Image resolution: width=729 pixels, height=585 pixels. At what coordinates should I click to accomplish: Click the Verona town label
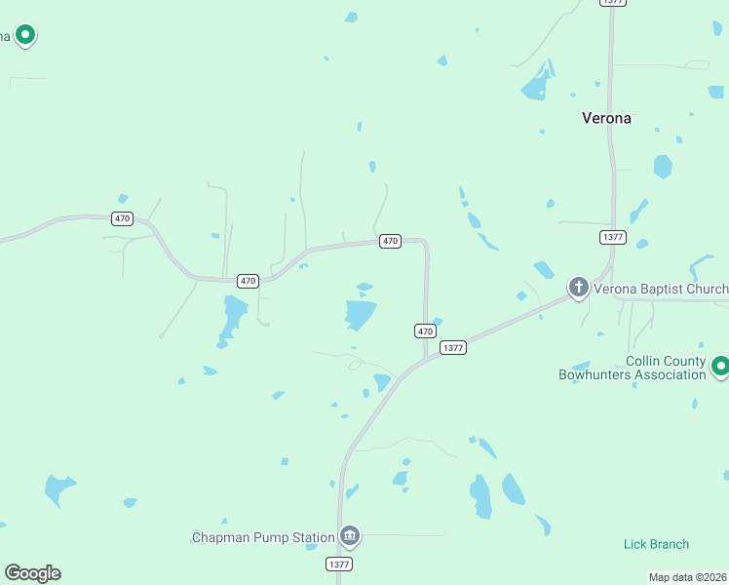(x=606, y=118)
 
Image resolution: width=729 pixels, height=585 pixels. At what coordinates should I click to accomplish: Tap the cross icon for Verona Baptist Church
(x=578, y=288)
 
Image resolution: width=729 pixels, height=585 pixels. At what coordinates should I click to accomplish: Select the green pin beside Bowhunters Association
(x=720, y=367)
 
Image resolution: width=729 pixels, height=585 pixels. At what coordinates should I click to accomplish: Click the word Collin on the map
(x=645, y=361)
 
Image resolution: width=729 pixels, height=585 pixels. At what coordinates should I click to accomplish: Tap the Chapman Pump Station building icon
(x=350, y=535)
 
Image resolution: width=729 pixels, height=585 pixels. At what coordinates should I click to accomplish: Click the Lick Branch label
(x=656, y=544)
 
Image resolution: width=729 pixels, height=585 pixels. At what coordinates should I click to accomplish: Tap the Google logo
(x=32, y=573)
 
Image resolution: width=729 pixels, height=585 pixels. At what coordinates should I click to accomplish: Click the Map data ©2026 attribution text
(x=687, y=577)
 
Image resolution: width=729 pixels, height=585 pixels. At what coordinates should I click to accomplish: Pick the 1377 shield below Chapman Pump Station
(x=339, y=564)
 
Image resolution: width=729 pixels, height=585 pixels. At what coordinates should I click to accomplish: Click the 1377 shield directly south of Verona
(x=613, y=237)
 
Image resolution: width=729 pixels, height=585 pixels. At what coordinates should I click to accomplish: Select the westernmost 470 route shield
(x=122, y=218)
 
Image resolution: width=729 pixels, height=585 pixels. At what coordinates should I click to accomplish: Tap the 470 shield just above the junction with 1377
(x=425, y=331)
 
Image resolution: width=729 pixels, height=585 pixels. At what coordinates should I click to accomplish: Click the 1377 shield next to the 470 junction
(x=452, y=348)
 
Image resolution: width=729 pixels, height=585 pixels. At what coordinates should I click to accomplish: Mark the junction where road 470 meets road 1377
(x=427, y=358)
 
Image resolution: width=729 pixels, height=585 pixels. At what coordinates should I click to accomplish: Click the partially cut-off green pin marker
(x=24, y=37)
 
